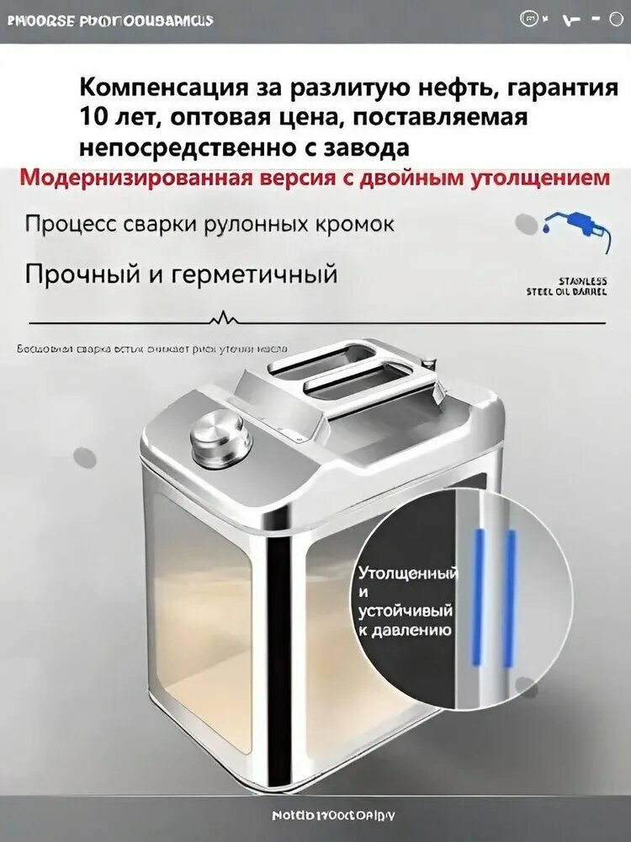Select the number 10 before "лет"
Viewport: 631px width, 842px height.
(92, 117)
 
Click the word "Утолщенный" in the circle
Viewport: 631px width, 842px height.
(408, 574)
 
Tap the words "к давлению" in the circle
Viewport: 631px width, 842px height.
(406, 630)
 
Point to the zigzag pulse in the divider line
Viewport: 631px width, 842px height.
(223, 318)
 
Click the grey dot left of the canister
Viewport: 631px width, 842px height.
(86, 457)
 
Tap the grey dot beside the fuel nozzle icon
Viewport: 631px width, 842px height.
(527, 223)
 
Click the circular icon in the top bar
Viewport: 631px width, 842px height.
(530, 19)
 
